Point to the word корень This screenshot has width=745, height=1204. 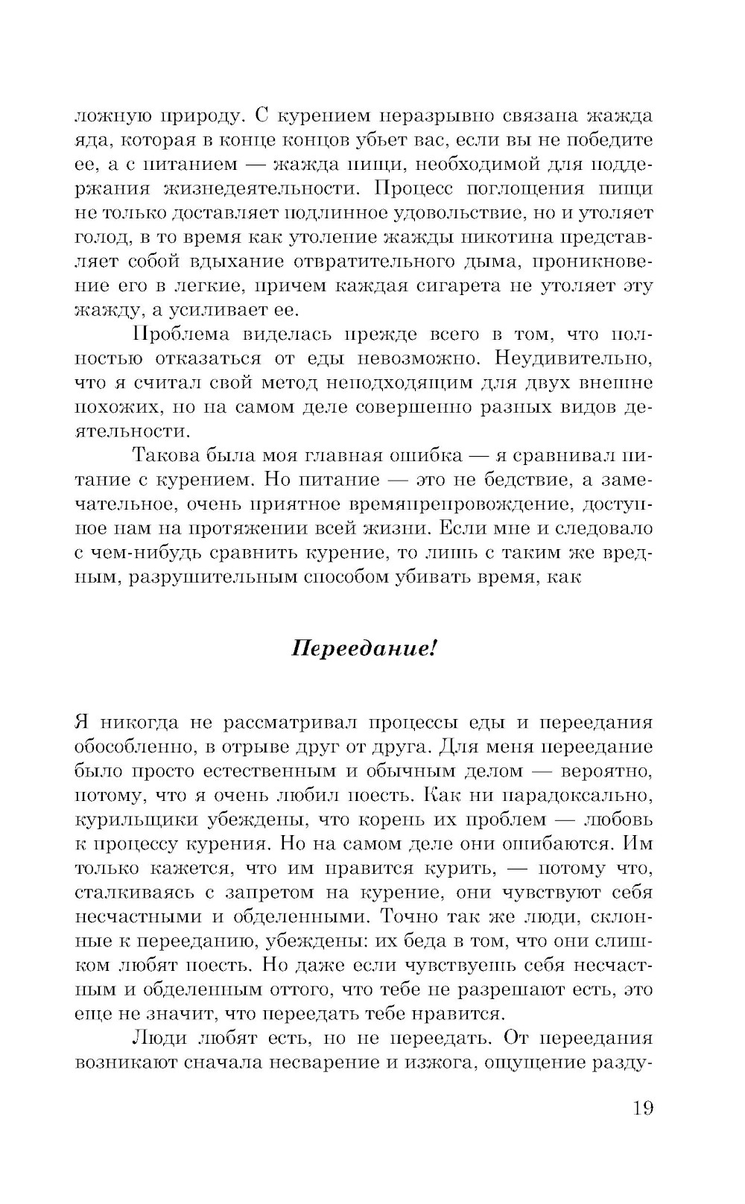(417, 820)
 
